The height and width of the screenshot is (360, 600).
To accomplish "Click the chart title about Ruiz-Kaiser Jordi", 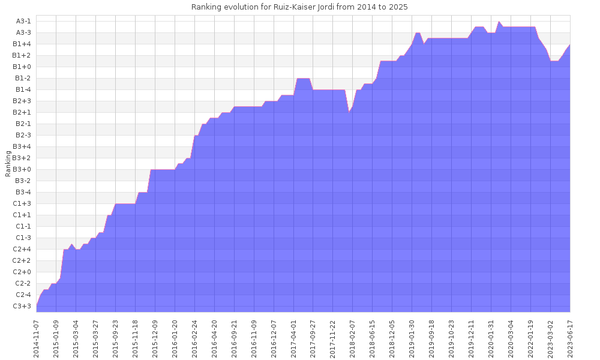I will tap(299, 7).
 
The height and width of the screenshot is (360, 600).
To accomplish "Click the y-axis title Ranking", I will tap(8, 164).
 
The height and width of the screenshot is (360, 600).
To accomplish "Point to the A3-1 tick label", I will tap(24, 21).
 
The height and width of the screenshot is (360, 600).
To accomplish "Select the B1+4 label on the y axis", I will tap(24, 44).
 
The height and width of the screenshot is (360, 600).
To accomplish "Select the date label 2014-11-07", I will tap(37, 338).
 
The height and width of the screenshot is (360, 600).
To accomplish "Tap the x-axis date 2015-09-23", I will tap(115, 338).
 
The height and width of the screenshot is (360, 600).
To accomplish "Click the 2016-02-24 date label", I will tap(194, 338).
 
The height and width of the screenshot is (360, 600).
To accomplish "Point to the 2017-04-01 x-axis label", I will tap(293, 338).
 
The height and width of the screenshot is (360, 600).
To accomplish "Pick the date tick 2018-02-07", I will tap(353, 338).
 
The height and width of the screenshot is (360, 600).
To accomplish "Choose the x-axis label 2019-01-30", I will tap(412, 338).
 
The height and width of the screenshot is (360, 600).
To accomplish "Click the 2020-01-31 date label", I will tap(491, 338).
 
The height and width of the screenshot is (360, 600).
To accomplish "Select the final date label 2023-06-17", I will tap(570, 338).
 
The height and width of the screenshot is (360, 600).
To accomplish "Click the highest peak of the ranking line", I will tap(499, 22).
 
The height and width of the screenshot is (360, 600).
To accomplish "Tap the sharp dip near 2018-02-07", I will tap(349, 112).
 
